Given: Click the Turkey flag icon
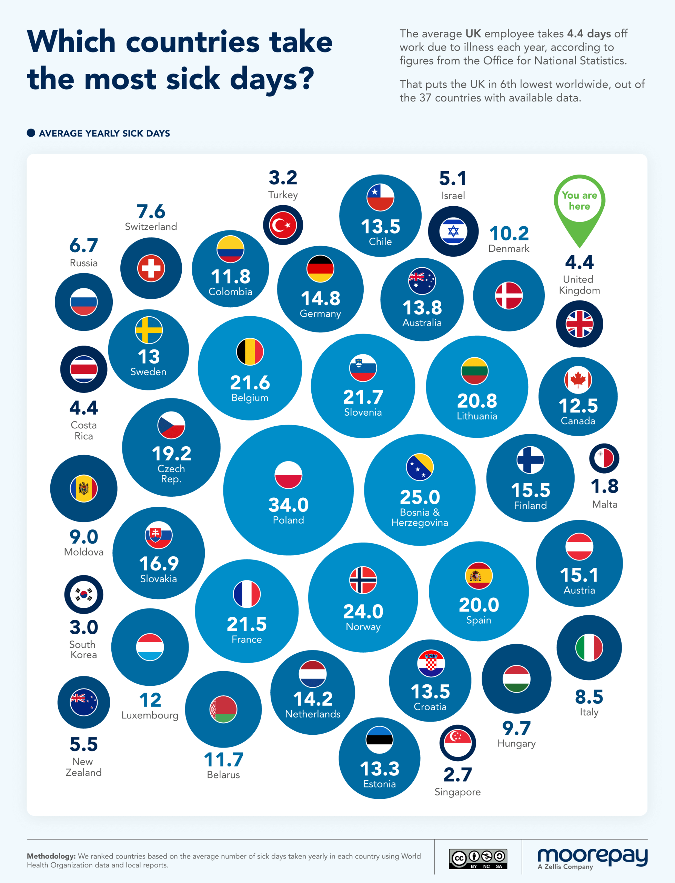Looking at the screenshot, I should pos(283,225).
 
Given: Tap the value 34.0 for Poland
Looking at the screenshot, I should pos(289,505).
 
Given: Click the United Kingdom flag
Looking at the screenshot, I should pos(580,324).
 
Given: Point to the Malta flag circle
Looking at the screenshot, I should pos(604,458).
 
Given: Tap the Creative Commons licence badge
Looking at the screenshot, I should pos(478,859).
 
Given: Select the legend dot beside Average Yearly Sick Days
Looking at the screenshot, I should pos(31,133).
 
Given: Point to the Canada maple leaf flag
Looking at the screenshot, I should pos(578,380).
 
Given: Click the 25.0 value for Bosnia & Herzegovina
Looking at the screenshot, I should pos(420,497).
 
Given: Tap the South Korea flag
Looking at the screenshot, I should pos(83,594).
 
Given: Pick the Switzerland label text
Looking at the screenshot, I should pos(151,227).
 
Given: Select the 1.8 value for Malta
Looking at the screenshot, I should pos(604,486).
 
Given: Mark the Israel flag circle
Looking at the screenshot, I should pos(453,231).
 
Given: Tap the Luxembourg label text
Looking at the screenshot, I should pos(150,715).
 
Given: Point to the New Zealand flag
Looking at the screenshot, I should pos(83,702).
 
